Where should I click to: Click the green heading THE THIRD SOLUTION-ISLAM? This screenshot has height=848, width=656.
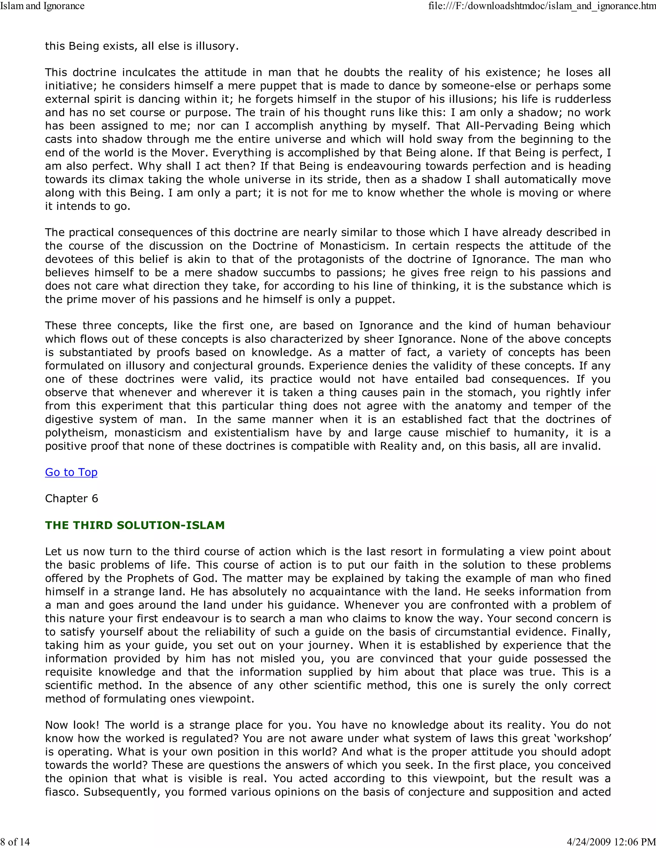tap(135, 525)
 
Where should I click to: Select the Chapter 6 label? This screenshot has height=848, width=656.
tap(71, 499)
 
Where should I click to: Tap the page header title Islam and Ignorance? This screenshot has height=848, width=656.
tap(42, 6)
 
